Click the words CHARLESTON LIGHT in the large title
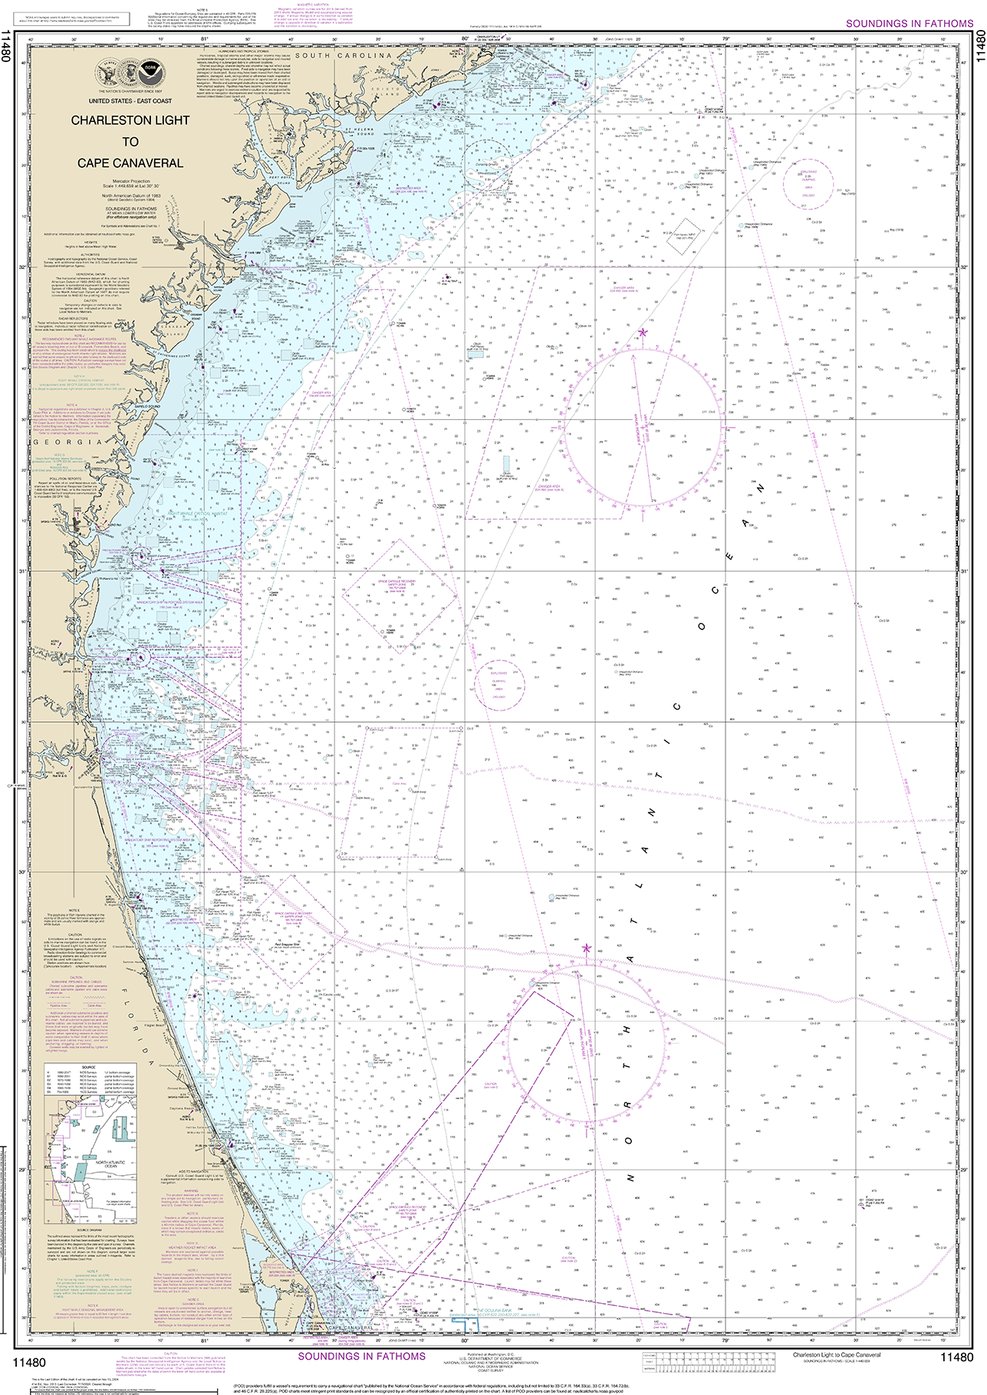(130, 120)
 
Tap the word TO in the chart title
(130, 142)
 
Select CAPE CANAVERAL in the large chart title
(130, 163)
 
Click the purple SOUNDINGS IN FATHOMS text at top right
(909, 24)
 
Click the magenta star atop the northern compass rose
(643, 332)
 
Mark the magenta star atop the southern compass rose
(587, 948)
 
